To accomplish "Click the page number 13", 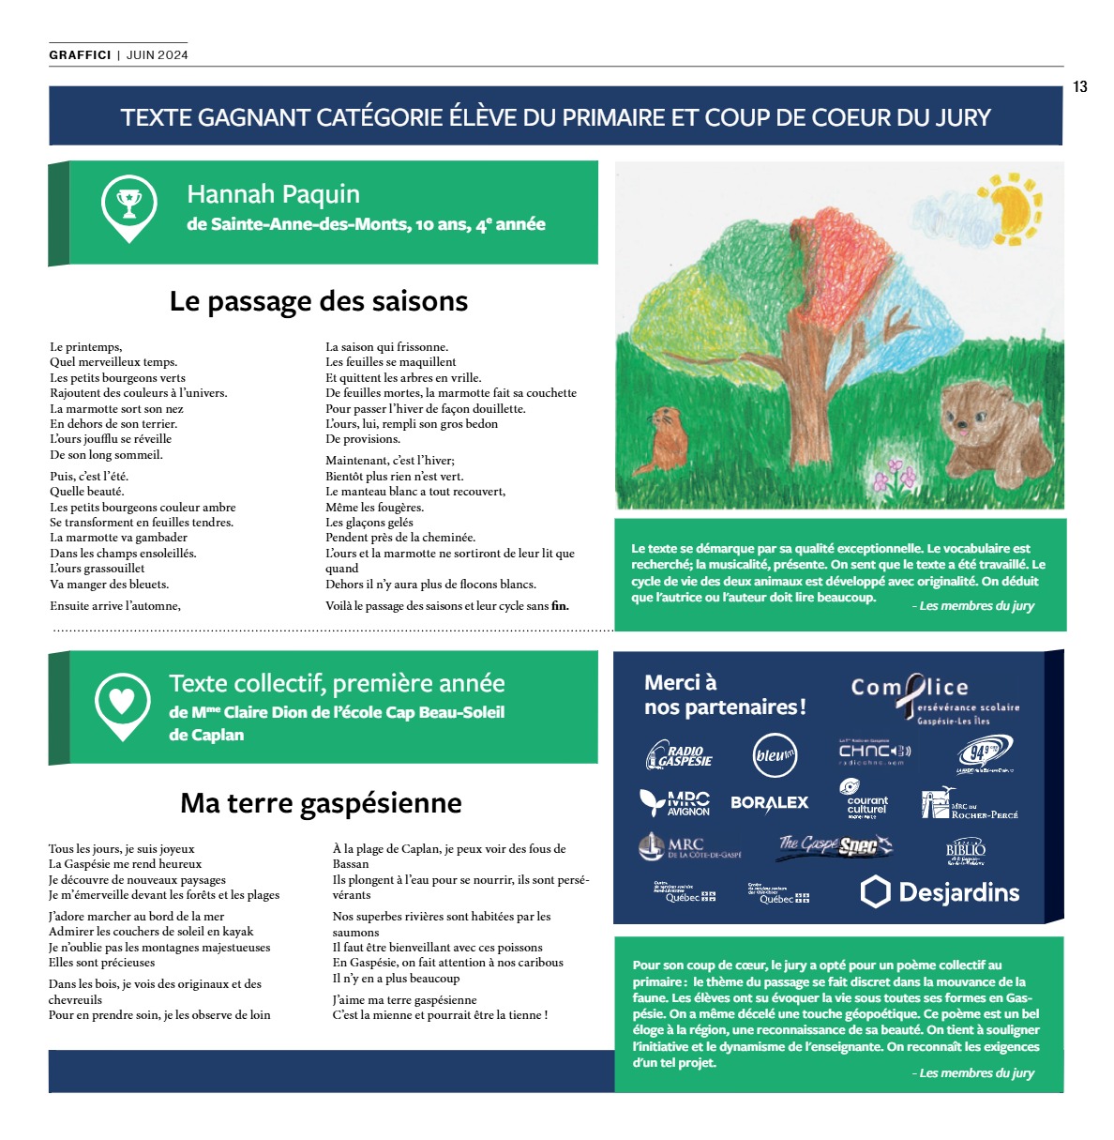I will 1079,87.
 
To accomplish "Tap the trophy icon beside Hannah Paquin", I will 128,204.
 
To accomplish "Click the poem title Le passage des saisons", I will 319,301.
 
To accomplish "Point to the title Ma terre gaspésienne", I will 321,803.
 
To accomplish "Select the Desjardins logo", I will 940,891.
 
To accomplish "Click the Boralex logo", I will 769,803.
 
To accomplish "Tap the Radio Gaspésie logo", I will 680,755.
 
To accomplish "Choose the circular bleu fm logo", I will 775,755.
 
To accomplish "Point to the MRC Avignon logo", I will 675,803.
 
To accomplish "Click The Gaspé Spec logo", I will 835,846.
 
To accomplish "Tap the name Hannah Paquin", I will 273,194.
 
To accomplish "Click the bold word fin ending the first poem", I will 560,606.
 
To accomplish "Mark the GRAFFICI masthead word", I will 81,55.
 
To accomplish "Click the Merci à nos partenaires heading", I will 725,695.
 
